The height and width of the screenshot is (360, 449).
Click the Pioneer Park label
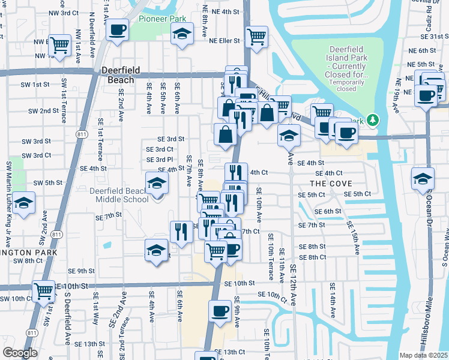click(162, 19)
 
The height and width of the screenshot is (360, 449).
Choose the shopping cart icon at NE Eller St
click(256, 35)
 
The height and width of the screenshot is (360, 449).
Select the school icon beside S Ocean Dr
click(423, 178)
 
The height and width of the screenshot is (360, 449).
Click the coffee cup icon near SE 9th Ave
click(220, 311)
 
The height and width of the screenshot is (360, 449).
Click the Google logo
click(20, 353)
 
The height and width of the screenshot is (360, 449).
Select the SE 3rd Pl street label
click(160, 160)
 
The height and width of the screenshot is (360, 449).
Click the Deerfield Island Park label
click(351, 62)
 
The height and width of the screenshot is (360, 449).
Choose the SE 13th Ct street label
click(231, 352)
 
